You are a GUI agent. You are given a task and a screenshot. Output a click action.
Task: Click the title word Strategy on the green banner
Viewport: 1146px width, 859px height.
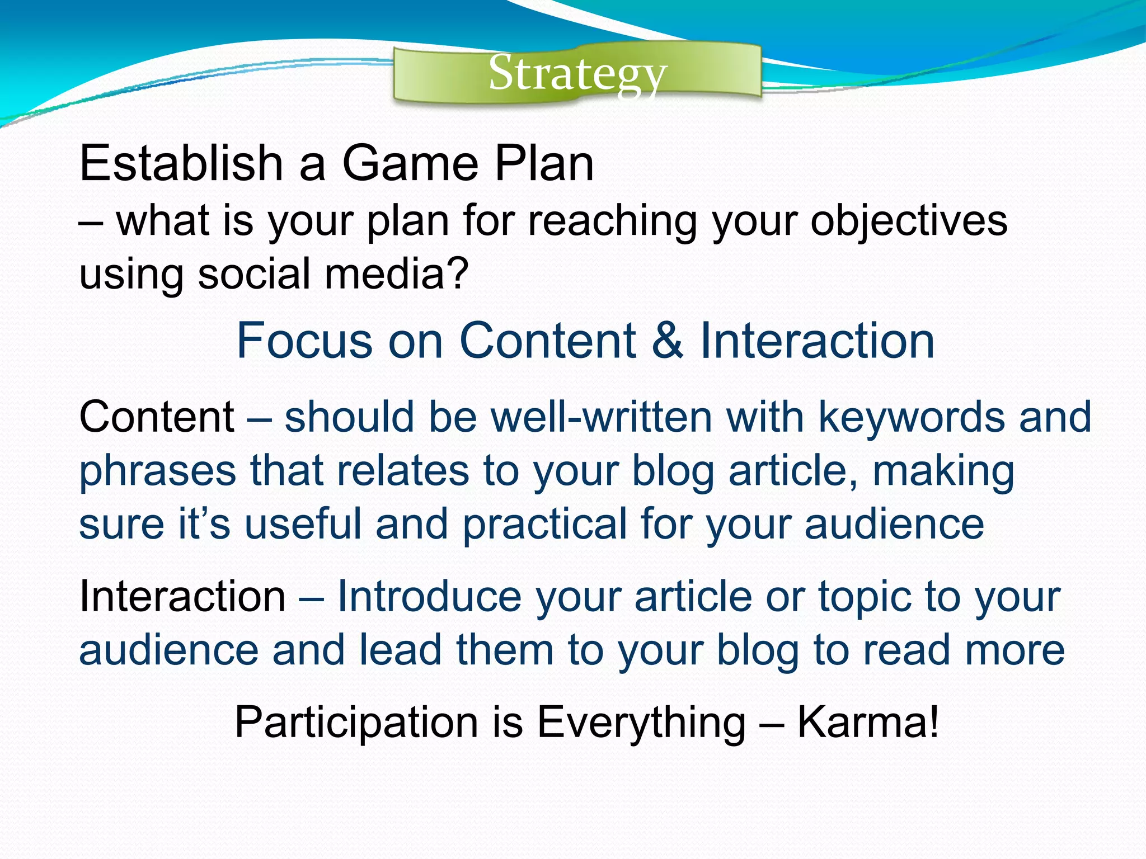coord(577,73)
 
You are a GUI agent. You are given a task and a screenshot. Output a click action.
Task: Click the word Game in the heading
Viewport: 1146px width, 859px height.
coord(410,163)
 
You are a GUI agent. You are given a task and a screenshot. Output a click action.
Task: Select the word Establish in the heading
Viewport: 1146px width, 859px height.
coord(181,163)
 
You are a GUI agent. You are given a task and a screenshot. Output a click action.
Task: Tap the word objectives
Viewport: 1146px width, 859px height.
coord(909,220)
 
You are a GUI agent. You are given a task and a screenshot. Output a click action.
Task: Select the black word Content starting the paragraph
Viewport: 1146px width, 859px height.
coord(157,417)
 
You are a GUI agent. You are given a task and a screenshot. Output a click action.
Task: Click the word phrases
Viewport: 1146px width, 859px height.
coord(158,471)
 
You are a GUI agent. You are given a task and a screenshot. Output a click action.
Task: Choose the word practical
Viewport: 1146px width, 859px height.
coord(544,524)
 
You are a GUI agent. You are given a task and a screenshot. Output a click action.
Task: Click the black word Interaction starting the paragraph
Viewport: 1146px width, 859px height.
coord(182,596)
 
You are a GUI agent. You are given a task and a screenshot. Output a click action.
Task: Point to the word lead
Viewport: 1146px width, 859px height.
coord(401,649)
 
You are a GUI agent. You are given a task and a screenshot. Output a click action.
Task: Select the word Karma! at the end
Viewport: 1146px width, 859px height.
coord(867,722)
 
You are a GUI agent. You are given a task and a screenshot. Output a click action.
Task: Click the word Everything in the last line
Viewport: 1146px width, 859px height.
coord(641,722)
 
